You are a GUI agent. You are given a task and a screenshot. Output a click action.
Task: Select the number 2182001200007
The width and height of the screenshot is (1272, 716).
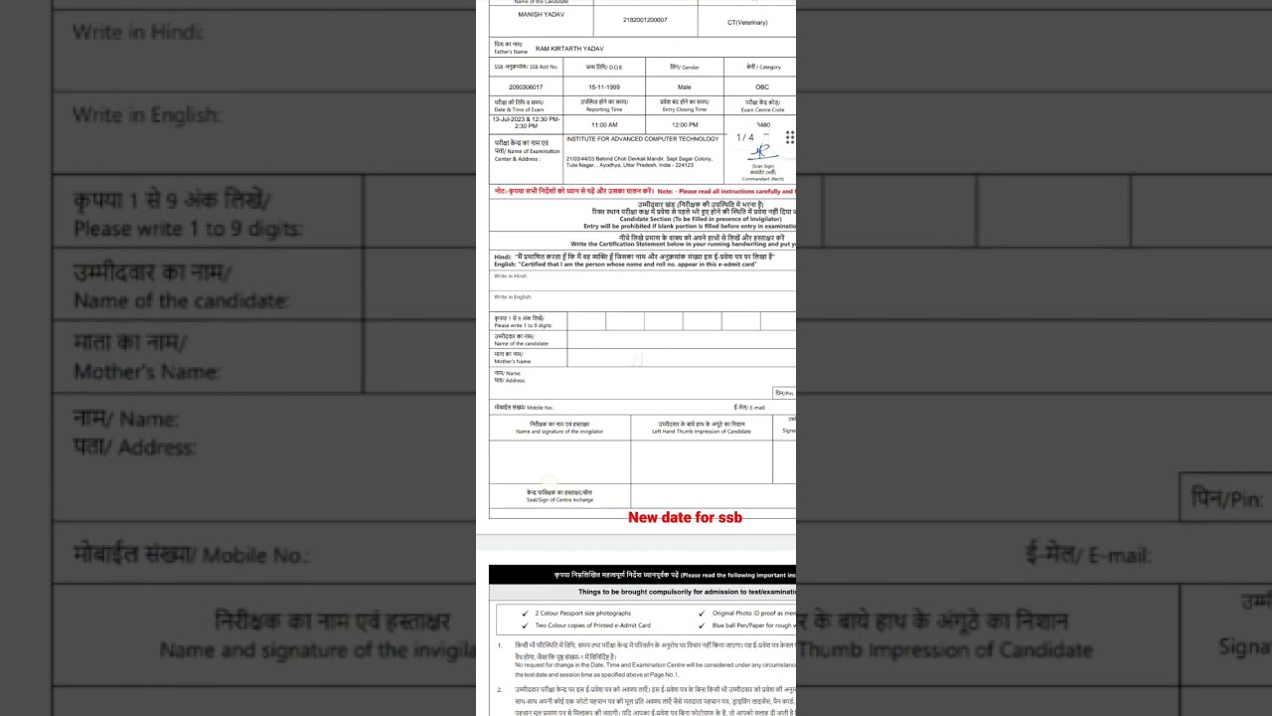click(x=645, y=20)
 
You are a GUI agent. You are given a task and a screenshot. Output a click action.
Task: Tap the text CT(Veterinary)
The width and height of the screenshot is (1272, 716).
click(x=747, y=22)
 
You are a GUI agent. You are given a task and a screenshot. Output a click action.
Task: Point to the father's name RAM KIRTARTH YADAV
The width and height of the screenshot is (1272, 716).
click(x=569, y=49)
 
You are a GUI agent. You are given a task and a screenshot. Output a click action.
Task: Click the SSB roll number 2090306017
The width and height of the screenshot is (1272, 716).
click(x=526, y=88)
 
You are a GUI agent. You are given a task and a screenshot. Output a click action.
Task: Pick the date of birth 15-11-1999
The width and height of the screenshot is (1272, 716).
click(x=603, y=88)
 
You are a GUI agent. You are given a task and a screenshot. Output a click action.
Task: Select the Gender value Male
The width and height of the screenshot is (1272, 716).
click(x=684, y=88)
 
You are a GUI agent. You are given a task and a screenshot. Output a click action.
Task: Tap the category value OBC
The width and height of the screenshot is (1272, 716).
click(x=762, y=88)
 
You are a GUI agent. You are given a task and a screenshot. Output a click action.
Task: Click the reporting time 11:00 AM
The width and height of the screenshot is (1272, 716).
click(x=604, y=125)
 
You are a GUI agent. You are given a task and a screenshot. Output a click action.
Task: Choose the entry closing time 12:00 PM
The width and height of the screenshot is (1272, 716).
click(x=685, y=125)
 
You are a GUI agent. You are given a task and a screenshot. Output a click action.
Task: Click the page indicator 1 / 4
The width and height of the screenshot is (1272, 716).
click(x=745, y=137)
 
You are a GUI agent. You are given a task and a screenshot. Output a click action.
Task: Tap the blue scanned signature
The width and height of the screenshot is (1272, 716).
click(x=762, y=152)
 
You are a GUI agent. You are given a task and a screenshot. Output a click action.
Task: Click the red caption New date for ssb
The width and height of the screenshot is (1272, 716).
click(x=685, y=517)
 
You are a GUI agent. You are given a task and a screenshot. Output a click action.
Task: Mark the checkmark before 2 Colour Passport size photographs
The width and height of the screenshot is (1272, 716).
click(x=525, y=614)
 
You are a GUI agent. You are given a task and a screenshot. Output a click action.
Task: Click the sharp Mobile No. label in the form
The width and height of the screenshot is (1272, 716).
click(x=524, y=408)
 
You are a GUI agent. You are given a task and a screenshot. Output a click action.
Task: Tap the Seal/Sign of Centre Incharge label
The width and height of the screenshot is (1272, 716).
click(x=559, y=496)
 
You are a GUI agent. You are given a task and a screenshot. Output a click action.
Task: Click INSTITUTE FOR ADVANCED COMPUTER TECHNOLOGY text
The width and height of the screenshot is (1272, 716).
click(x=642, y=139)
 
